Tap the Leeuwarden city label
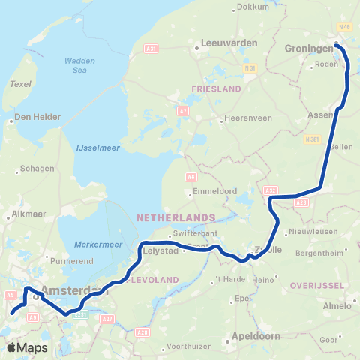coord(229,43)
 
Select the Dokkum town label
coord(252,7)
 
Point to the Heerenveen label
coord(247,119)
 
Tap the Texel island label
coord(20,85)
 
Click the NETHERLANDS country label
coord(175,217)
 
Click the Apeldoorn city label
coord(256,336)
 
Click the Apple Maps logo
coord(27,347)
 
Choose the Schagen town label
coord(38,168)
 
